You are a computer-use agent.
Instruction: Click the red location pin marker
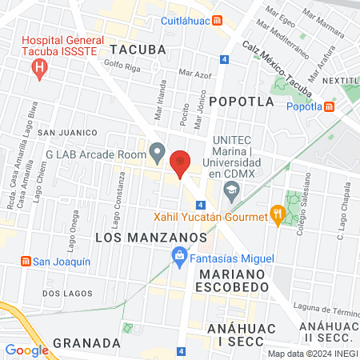pyautogui.click(x=181, y=162)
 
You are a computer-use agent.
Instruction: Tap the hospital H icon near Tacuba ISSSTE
pyautogui.click(x=38, y=70)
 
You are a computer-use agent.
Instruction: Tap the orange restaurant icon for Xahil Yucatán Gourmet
pyautogui.click(x=278, y=214)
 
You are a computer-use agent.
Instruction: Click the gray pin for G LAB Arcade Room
pyautogui.click(x=158, y=152)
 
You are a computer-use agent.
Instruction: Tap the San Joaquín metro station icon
pyautogui.click(x=26, y=262)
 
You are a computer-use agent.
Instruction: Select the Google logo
pyautogui.click(x=26, y=350)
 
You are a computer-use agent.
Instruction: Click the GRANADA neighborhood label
pyautogui.click(x=86, y=343)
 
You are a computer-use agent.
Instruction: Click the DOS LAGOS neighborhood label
pyautogui.click(x=64, y=293)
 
